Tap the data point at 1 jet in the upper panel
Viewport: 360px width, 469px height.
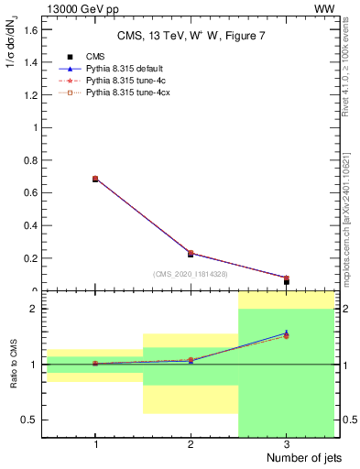pos(95,179)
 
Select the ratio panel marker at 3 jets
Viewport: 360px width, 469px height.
pos(286,334)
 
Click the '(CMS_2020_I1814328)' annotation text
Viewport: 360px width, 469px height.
pos(191,274)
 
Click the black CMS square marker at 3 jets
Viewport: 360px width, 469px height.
pos(286,282)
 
